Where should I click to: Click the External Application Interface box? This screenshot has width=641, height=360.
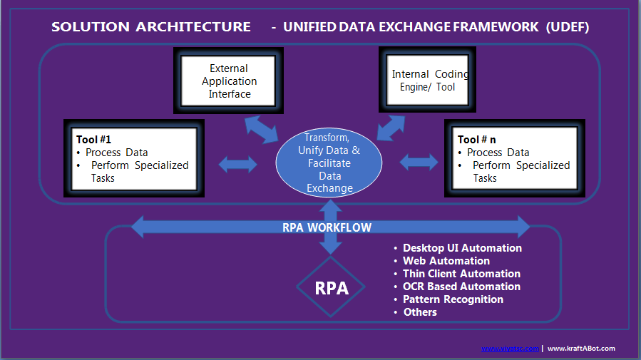coord(228,81)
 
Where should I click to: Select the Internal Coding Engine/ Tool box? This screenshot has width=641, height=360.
coord(427,80)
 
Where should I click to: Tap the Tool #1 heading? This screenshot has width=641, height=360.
coord(93,140)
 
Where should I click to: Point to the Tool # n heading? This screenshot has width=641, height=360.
coord(477,140)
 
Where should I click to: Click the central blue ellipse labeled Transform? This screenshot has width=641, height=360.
coord(329,163)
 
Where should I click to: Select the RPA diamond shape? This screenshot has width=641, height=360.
coord(331,287)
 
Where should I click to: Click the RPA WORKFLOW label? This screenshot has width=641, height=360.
coord(327,227)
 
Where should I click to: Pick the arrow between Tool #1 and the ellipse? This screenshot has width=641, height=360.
coord(238,164)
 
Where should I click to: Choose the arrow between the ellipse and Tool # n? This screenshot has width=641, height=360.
coord(419,163)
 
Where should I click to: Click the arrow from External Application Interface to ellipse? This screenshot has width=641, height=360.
coord(262,130)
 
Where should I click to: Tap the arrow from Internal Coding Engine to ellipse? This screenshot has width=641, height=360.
coord(391,128)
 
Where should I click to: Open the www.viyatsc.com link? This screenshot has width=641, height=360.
coord(510,349)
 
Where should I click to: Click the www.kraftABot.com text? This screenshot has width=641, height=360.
coord(581,349)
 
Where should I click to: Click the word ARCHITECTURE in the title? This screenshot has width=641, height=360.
coord(193,27)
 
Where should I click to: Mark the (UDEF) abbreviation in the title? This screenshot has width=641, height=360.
coord(568,27)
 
